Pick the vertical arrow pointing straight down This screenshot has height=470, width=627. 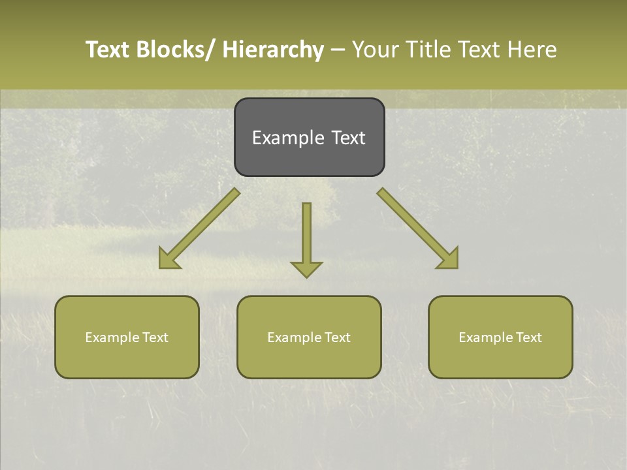tap(306, 238)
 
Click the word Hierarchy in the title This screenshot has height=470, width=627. tap(273, 50)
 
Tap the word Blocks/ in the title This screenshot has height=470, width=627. tap(176, 50)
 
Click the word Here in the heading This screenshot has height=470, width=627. tap(531, 50)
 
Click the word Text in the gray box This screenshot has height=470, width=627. tap(348, 138)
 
